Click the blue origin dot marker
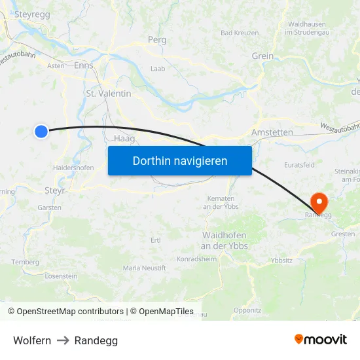(41, 132)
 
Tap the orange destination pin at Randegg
(319, 200)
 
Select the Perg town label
(157, 40)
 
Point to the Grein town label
(262, 56)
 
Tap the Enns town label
(83, 65)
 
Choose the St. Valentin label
(109, 94)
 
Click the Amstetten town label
(272, 132)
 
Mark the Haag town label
(124, 139)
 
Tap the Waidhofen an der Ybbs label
(224, 240)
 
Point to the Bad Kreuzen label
(240, 33)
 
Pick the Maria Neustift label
(145, 268)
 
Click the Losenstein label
(61, 276)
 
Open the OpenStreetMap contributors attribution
(65, 312)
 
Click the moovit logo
(321, 340)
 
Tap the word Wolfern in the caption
(32, 340)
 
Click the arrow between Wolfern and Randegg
(63, 340)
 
